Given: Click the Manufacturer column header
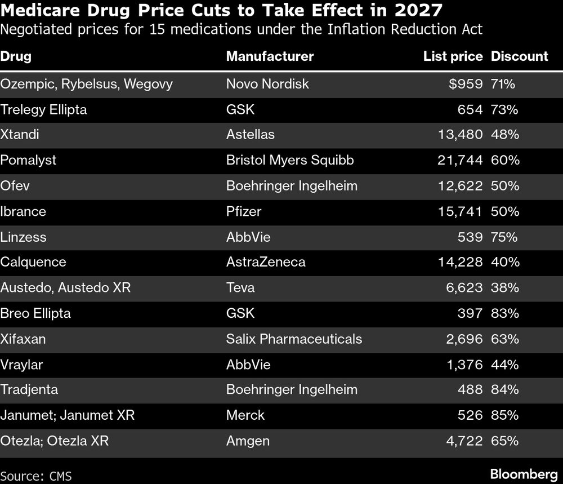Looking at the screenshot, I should (x=270, y=56).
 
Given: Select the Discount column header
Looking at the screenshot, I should (x=519, y=56).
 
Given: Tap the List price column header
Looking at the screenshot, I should (x=453, y=56).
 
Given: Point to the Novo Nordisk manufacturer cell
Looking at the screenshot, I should (x=267, y=84).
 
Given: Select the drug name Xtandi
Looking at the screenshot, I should (x=20, y=135).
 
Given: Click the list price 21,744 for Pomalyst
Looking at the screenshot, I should (x=459, y=160).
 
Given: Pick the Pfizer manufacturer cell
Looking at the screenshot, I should (x=244, y=211).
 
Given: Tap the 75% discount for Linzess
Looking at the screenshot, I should (x=504, y=237).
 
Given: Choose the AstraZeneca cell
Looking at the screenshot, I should (x=266, y=262).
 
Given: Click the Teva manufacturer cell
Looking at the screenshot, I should (x=240, y=287).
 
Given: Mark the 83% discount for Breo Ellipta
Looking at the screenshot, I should (x=504, y=313).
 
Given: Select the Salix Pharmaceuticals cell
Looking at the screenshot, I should (x=294, y=339).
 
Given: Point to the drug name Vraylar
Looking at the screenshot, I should (x=21, y=365).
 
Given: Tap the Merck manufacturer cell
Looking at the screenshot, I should (x=245, y=415).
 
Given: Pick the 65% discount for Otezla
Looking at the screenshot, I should (x=504, y=441).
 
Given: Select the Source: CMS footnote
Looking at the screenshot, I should (x=36, y=476).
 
